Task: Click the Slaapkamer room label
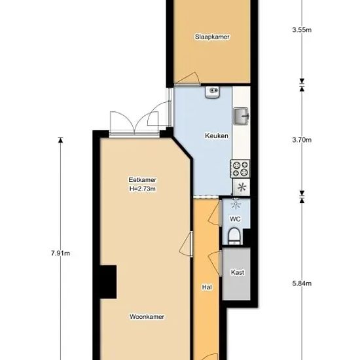(212, 37)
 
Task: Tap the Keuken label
(217, 135)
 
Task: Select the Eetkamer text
(142, 179)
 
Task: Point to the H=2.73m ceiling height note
(142, 189)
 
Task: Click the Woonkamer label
(147, 317)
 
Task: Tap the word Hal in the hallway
(207, 287)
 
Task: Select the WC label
(235, 219)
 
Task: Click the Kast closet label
(238, 272)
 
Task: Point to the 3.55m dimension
(302, 30)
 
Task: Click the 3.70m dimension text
(302, 140)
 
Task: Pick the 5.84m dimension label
(302, 283)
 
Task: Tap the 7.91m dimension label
(60, 253)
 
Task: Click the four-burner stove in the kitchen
(240, 169)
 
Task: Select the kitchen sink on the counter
(241, 116)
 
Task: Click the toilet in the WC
(234, 236)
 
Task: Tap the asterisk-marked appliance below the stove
(242, 187)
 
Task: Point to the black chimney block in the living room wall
(108, 282)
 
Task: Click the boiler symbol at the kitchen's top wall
(213, 92)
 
